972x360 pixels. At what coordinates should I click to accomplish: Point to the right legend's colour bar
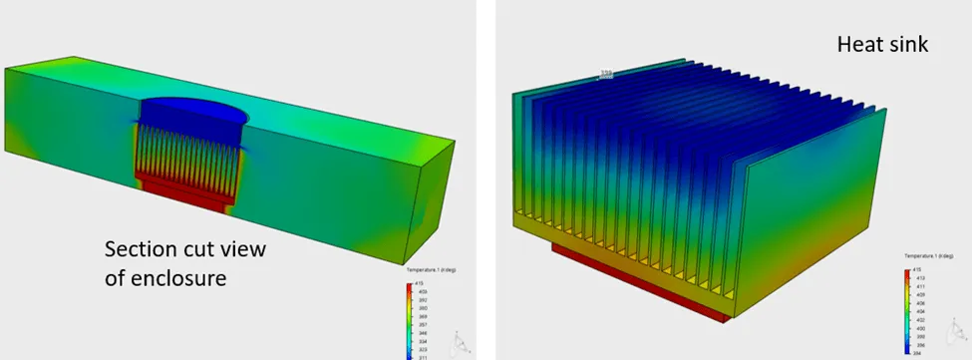pyautogui.click(x=906, y=310)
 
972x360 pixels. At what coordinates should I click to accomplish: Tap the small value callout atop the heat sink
pyautogui.click(x=605, y=73)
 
